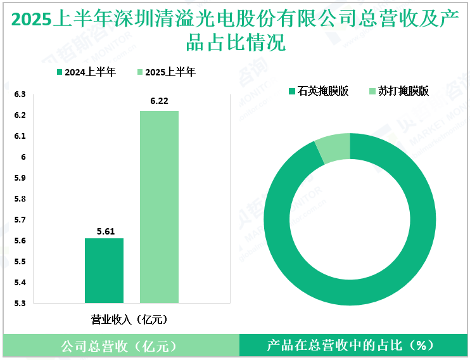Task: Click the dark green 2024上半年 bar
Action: [104, 271]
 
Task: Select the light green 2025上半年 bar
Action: [159, 207]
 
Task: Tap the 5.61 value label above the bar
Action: [105, 232]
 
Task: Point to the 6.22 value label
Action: [160, 101]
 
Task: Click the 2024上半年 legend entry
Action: [86, 72]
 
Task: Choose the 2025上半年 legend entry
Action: [167, 72]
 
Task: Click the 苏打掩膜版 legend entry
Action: [398, 91]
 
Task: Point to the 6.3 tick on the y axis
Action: [20, 95]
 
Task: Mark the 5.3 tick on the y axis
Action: [20, 303]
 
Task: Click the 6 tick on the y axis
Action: [23, 157]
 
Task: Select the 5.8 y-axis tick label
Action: [20, 199]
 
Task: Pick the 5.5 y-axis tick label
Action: [20, 262]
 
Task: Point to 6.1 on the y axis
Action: [20, 136]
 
